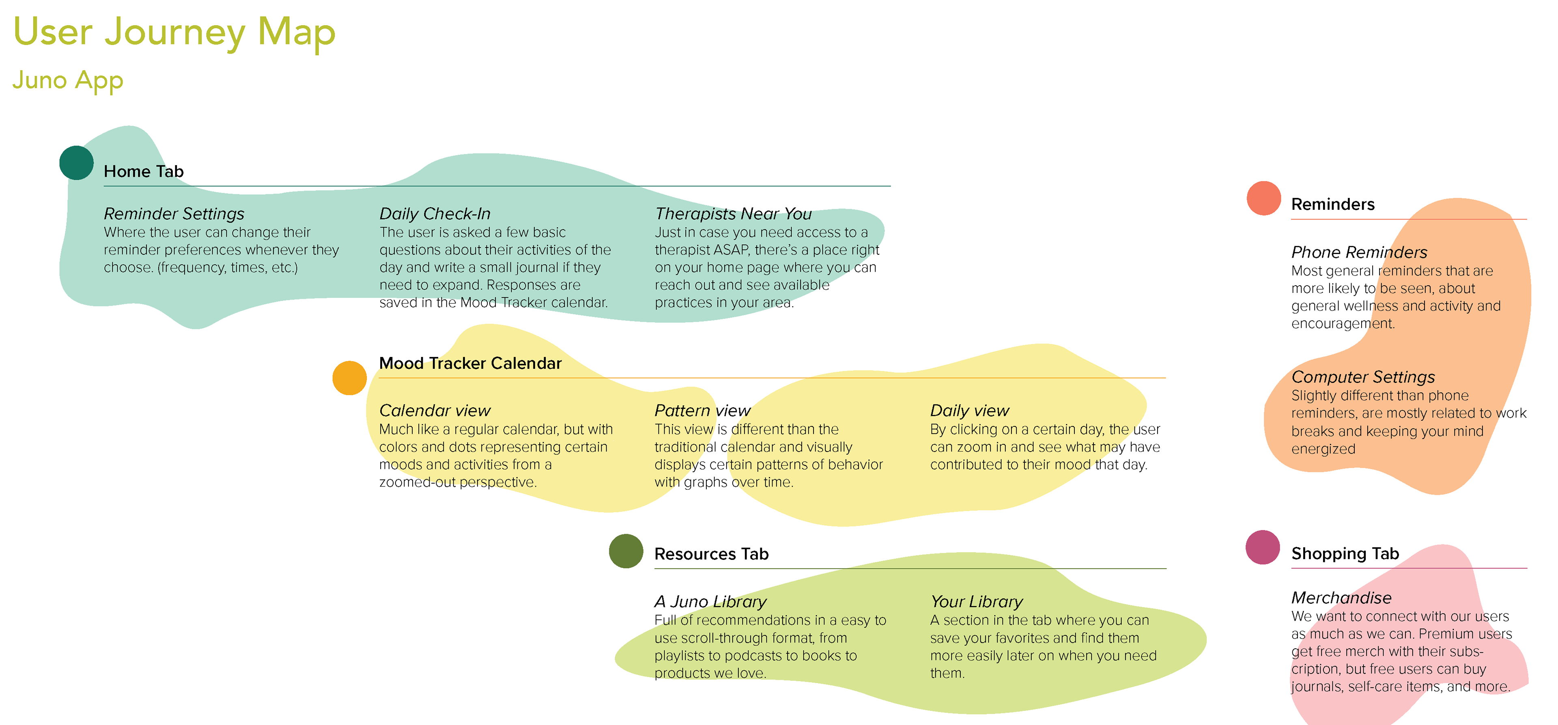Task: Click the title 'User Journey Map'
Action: coord(174,32)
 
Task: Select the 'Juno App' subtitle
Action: coord(68,80)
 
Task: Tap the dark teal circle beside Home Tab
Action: coord(76,163)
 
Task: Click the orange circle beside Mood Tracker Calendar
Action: coord(350,378)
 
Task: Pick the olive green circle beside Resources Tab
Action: coord(626,551)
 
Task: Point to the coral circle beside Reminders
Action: coord(1264,198)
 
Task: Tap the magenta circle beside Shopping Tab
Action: coord(1263,547)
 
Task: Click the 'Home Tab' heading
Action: coord(144,171)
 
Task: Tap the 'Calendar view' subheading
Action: coord(435,411)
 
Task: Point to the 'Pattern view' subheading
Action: coord(703,411)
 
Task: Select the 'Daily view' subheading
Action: coord(970,411)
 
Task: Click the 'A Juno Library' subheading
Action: coord(711,602)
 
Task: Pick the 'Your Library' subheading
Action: coord(977,602)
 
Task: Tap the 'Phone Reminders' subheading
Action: coord(1360,252)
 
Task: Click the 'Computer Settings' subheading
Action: coord(1363,377)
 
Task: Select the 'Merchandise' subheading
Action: coord(1341,598)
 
